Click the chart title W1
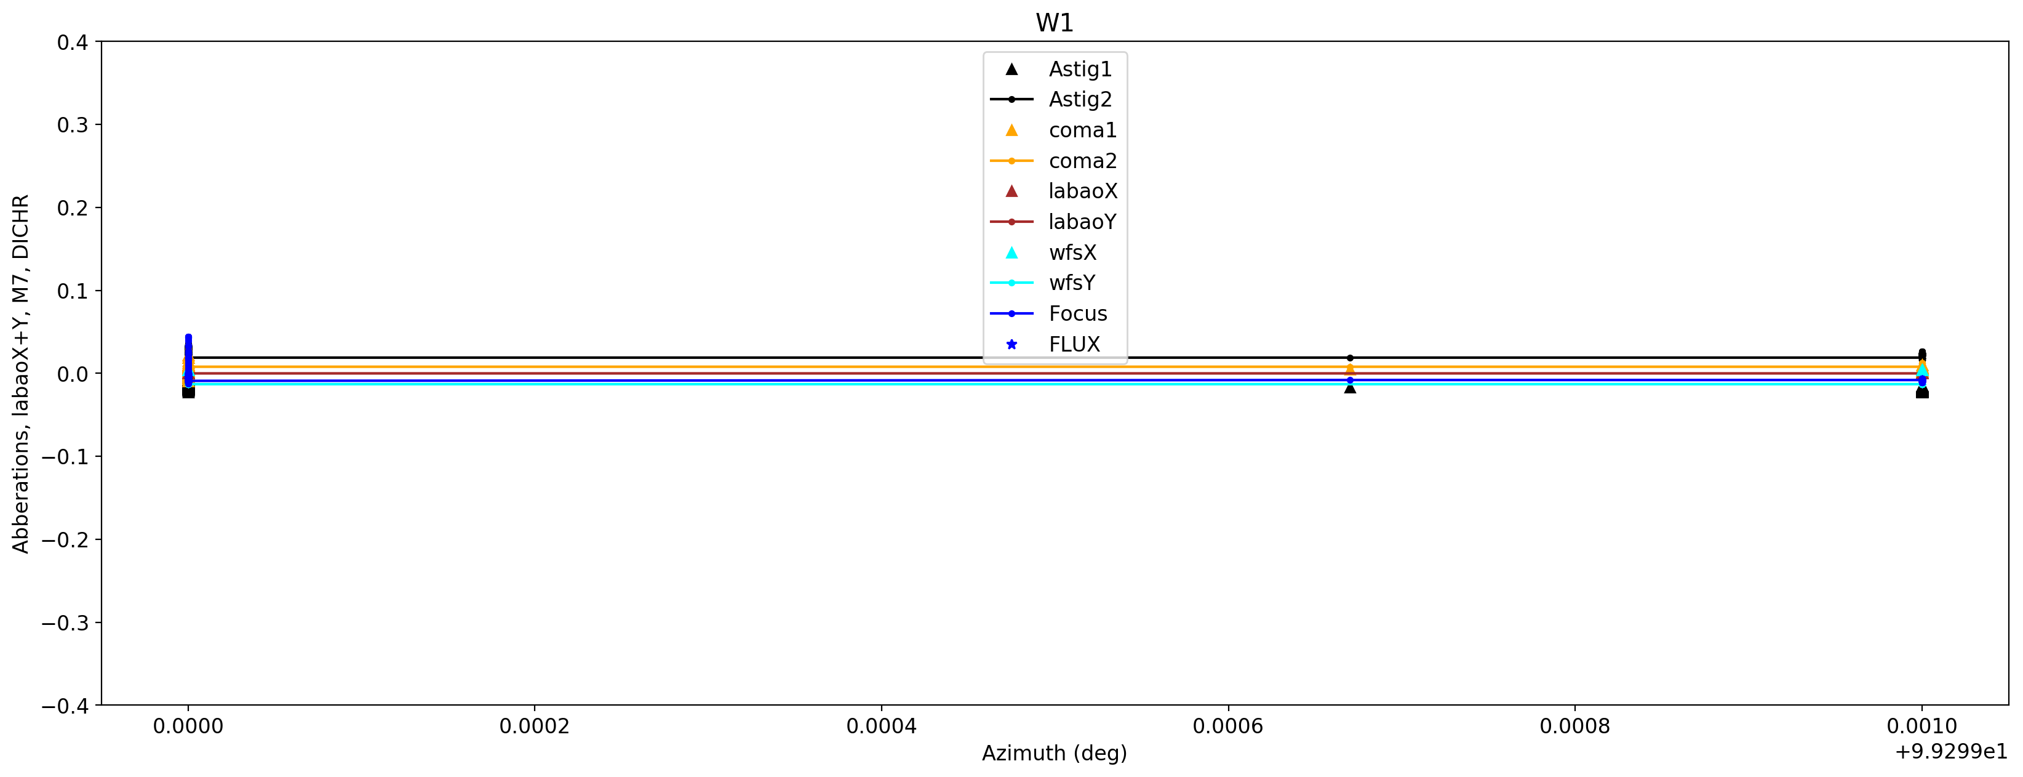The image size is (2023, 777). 1054,23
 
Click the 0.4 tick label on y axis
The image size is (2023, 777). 72,42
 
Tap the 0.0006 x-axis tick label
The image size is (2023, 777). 1227,727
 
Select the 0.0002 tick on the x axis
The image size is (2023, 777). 534,727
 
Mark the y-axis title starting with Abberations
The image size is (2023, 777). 20,374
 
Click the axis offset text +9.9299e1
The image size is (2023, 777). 1951,752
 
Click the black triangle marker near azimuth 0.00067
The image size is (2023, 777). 1350,388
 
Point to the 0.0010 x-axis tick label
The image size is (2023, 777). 1921,727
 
